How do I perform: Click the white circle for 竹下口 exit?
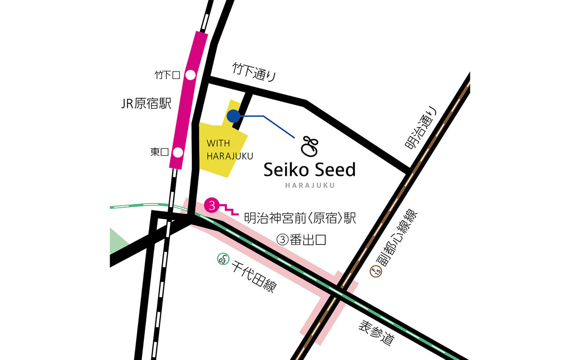tap(190, 75)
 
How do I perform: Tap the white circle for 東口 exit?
tap(178, 152)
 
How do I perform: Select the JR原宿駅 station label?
tap(146, 104)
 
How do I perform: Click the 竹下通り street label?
tap(254, 72)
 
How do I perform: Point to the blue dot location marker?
tap(233, 116)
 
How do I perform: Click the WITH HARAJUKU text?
tap(223, 150)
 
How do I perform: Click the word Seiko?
tap(286, 170)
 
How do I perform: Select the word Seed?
tap(334, 170)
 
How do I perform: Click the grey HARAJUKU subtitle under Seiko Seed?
tap(310, 185)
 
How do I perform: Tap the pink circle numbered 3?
tap(212, 205)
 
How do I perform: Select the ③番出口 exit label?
tap(301, 240)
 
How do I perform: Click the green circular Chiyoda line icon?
tap(222, 259)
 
